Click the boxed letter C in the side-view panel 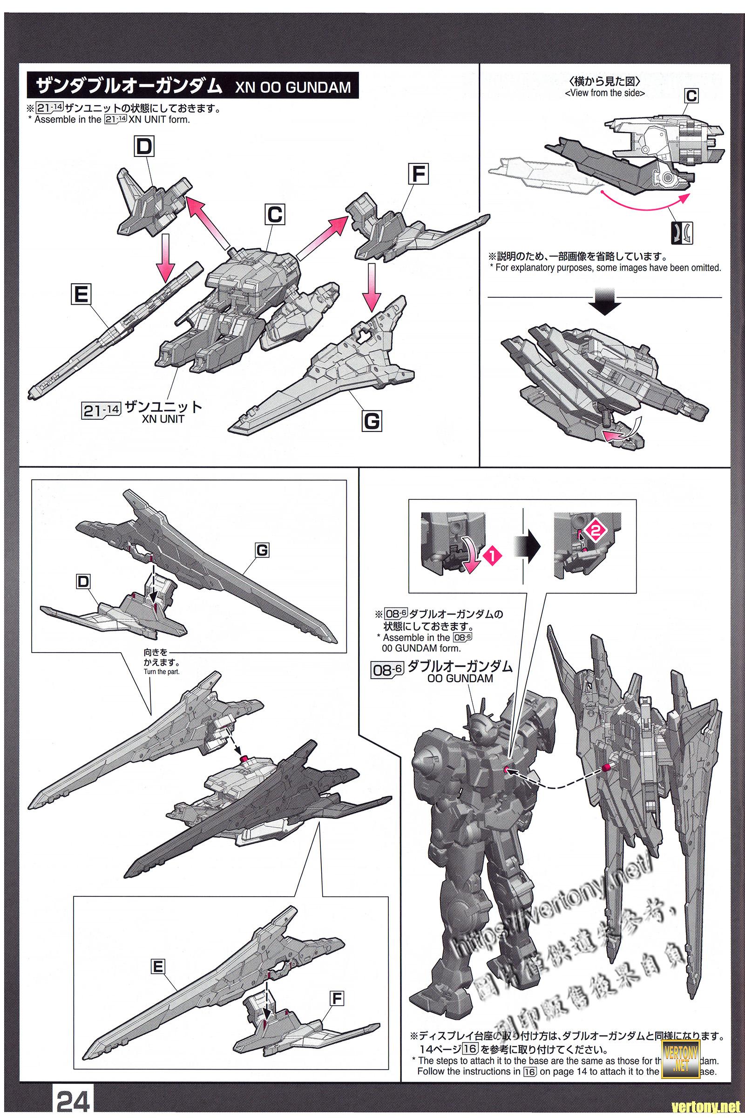691,96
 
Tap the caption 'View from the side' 605,93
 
